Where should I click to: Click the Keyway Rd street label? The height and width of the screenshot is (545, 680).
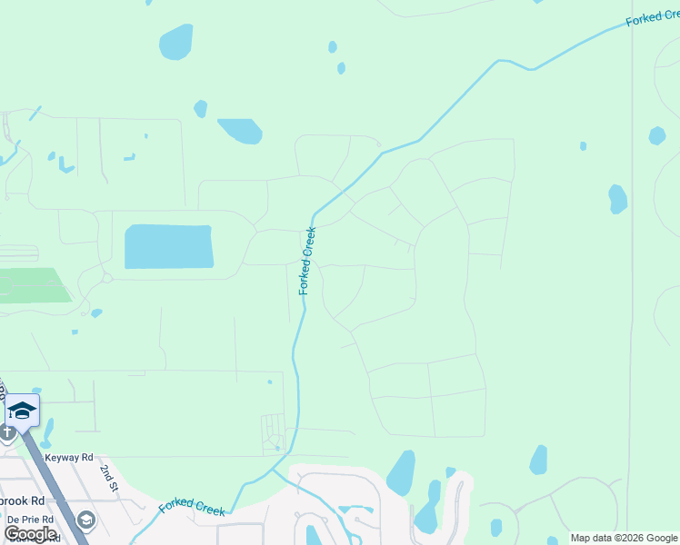[68, 459]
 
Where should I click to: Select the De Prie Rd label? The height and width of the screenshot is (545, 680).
[29, 520]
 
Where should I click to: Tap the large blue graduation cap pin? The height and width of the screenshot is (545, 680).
[22, 411]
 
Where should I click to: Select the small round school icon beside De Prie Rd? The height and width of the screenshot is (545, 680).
[86, 520]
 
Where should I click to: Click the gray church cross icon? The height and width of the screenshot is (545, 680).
[6, 432]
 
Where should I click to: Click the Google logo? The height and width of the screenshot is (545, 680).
[30, 534]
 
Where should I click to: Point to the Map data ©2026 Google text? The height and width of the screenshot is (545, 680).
[625, 538]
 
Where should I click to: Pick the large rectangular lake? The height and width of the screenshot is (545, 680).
[168, 246]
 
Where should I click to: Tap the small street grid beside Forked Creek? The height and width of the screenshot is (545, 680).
[273, 431]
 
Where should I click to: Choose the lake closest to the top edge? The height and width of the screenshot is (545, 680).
[175, 42]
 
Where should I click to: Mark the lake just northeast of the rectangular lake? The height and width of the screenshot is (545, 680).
[240, 131]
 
